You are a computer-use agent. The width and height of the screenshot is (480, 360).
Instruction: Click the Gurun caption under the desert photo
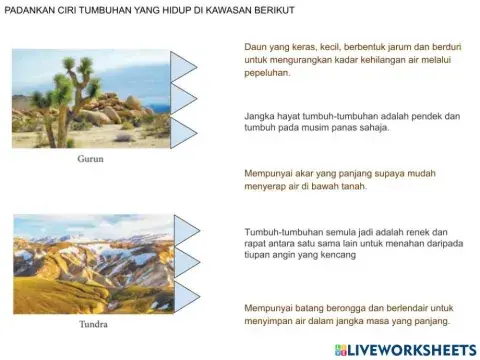(90, 159)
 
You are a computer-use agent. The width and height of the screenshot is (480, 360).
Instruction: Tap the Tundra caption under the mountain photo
(93, 325)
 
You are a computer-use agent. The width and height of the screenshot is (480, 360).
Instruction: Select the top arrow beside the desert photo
(184, 65)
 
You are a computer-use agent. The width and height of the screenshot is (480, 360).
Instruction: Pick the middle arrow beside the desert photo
(184, 98)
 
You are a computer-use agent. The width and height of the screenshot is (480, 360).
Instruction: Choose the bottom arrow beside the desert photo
(184, 131)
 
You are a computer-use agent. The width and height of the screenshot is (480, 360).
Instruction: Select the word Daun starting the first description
(255, 46)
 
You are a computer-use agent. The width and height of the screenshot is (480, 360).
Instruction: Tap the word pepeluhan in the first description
(267, 73)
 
